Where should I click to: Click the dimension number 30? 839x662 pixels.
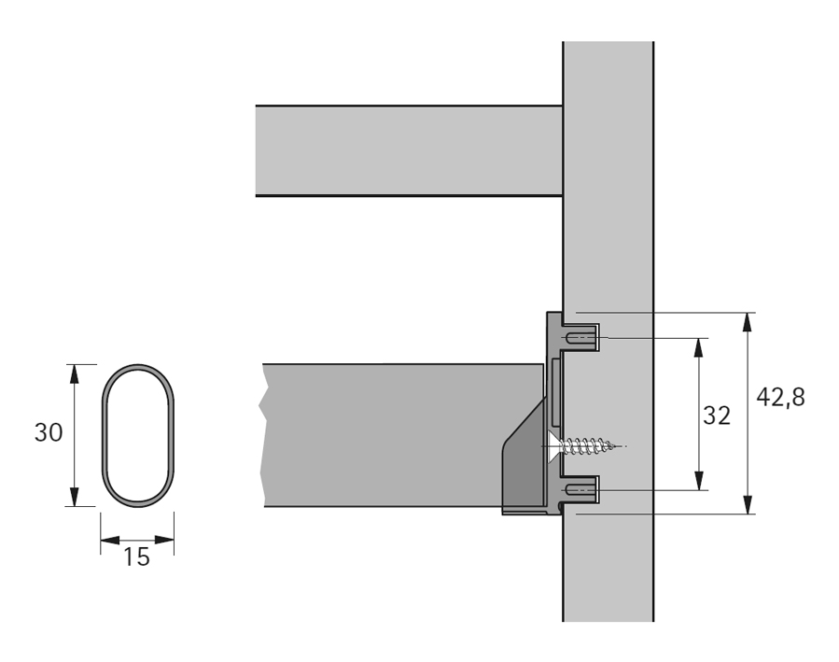49,434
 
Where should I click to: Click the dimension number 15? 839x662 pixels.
136,557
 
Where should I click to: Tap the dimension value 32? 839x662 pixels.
717,416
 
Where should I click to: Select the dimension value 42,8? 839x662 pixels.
780,397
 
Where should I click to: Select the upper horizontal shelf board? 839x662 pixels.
408,150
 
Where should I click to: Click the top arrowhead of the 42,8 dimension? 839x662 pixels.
747,321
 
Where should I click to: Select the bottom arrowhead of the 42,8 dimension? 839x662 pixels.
747,505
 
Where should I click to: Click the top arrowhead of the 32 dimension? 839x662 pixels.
699,346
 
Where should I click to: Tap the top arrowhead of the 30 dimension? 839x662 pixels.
73,373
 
